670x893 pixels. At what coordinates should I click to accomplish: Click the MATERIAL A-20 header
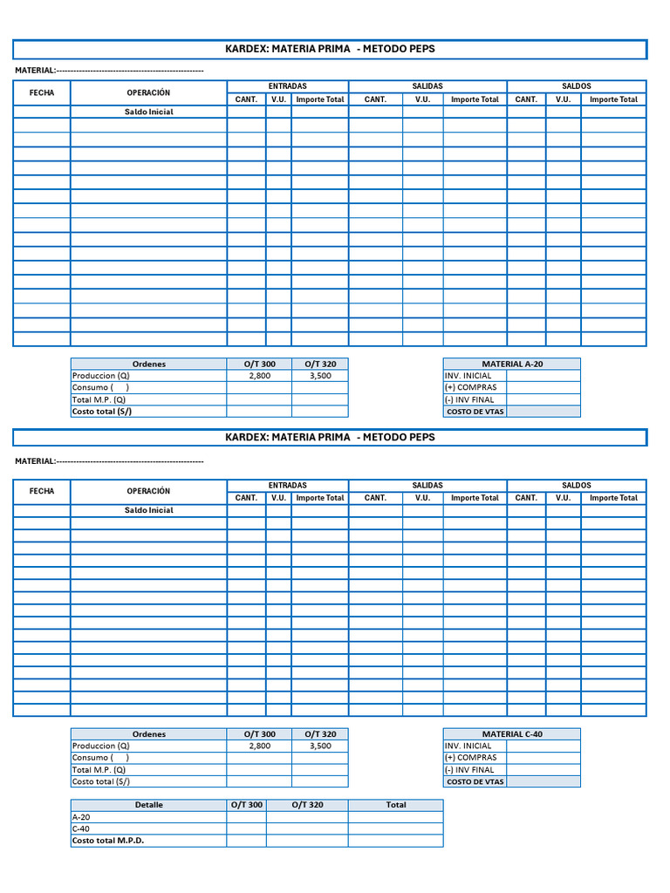click(511, 364)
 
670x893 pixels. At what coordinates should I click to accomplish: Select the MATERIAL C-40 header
click(511, 734)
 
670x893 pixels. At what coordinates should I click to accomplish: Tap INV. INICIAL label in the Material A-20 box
click(468, 376)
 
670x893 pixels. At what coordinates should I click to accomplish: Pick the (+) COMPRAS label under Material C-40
click(470, 758)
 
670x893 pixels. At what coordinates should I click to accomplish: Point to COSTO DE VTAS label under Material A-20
click(475, 412)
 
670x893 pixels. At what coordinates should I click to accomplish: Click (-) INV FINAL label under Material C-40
click(469, 770)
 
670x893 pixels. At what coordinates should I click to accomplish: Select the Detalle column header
click(148, 805)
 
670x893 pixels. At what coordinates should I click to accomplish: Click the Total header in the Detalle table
click(395, 805)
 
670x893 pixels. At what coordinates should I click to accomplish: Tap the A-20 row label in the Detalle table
click(80, 817)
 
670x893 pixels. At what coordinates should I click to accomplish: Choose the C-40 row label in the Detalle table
click(80, 828)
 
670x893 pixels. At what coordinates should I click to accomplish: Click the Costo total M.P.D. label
click(108, 841)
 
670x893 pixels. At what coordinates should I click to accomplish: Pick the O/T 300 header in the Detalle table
click(246, 805)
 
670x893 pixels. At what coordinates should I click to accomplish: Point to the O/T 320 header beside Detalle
click(307, 805)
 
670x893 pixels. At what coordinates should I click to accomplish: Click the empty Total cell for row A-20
click(395, 817)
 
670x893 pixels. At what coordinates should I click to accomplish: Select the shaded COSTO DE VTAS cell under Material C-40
click(543, 782)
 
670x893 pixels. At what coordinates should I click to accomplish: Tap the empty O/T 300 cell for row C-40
click(246, 828)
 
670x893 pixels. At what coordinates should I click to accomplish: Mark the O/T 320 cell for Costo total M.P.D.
click(307, 841)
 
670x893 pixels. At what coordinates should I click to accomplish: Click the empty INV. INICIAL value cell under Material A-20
click(543, 376)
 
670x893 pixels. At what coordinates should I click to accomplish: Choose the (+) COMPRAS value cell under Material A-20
click(543, 387)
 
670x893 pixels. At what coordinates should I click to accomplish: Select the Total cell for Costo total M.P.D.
click(395, 841)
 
